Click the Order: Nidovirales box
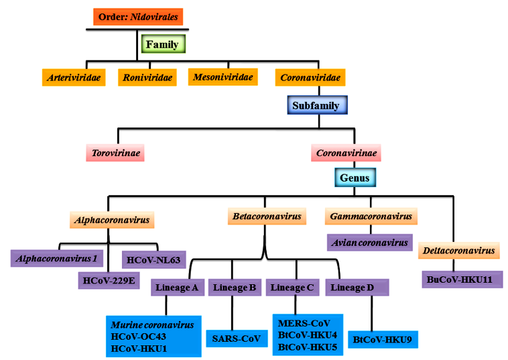[x=139, y=17]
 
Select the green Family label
[x=162, y=45]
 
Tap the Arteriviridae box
[x=74, y=78]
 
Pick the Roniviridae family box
[x=147, y=78]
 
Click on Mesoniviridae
[x=223, y=77]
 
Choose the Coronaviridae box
[x=310, y=78]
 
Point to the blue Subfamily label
[x=316, y=105]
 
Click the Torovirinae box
[x=115, y=153]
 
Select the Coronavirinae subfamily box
[x=346, y=153]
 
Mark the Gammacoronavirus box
[x=371, y=217]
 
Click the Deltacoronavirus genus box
[x=459, y=251]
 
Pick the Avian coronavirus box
[x=369, y=242]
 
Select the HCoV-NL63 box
[x=151, y=258]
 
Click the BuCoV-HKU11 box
[x=462, y=279]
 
